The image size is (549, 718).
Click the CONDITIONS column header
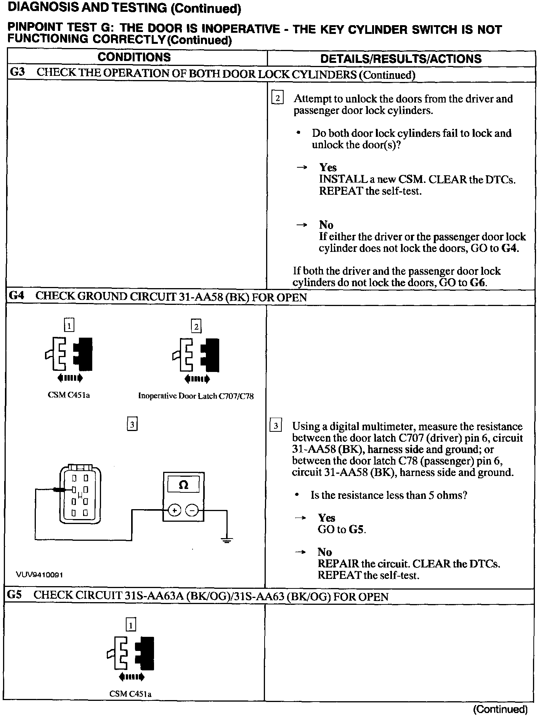(x=134, y=57)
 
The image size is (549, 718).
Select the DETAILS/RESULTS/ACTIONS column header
(x=401, y=59)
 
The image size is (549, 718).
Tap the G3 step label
(x=17, y=72)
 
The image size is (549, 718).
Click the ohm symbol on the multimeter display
(x=183, y=485)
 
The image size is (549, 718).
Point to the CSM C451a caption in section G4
(x=69, y=395)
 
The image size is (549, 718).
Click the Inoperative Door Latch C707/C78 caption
(x=196, y=396)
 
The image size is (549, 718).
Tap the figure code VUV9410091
(x=39, y=574)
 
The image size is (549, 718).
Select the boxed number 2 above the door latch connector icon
(x=196, y=327)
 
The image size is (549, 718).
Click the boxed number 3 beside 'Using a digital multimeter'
(x=276, y=425)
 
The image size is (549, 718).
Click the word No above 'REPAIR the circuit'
(x=324, y=552)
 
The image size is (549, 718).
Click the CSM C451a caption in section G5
(x=130, y=694)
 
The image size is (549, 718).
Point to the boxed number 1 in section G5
(x=131, y=625)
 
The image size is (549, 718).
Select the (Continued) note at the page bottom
(x=500, y=709)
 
